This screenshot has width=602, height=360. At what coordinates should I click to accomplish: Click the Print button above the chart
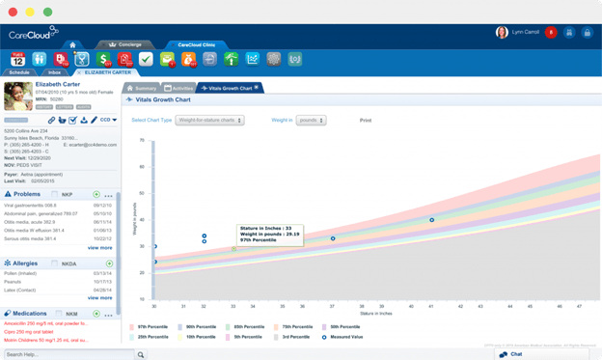pos(366,121)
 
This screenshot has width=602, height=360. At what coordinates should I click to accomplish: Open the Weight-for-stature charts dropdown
pos(211,121)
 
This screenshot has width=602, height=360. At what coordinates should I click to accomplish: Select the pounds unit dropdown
pos(311,121)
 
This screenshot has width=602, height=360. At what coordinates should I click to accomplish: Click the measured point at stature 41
pos(431,220)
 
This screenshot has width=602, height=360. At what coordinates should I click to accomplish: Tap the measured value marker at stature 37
pos(333,238)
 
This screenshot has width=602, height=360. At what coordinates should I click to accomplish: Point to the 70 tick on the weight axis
pos(143,141)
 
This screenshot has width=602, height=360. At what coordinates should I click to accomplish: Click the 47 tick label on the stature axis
pos(579,307)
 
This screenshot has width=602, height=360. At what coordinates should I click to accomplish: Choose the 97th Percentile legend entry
pos(151,327)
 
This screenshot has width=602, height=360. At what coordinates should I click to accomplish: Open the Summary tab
pos(142,88)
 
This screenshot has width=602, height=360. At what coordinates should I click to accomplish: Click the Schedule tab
pos(19,72)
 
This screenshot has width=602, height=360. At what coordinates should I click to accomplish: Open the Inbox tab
pos(54,72)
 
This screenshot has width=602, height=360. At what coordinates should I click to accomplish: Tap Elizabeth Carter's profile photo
pos(18,96)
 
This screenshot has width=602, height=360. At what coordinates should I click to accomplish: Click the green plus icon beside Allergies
pos(109,263)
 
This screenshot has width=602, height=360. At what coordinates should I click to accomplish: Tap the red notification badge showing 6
pos(551,33)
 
